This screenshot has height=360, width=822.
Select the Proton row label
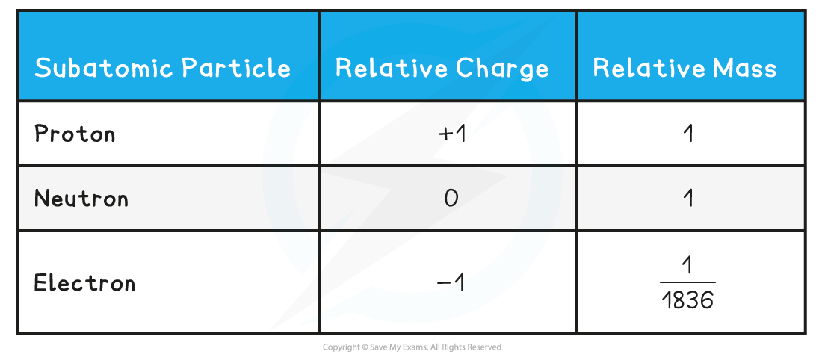pyautogui.click(x=75, y=134)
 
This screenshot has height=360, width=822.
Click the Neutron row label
pyautogui.click(x=81, y=199)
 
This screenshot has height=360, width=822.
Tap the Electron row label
pyautogui.click(x=85, y=283)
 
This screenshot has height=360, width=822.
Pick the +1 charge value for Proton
pyautogui.click(x=452, y=134)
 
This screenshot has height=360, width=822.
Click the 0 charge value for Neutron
pyautogui.click(x=451, y=199)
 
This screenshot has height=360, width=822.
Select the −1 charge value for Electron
pyautogui.click(x=451, y=284)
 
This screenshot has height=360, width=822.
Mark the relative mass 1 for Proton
pyautogui.click(x=688, y=134)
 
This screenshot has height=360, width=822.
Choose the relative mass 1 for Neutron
pyautogui.click(x=688, y=199)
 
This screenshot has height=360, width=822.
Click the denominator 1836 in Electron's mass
pyautogui.click(x=688, y=300)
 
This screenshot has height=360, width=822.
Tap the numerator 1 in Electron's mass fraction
pyautogui.click(x=688, y=267)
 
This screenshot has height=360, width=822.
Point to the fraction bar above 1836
pyautogui.click(x=688, y=283)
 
